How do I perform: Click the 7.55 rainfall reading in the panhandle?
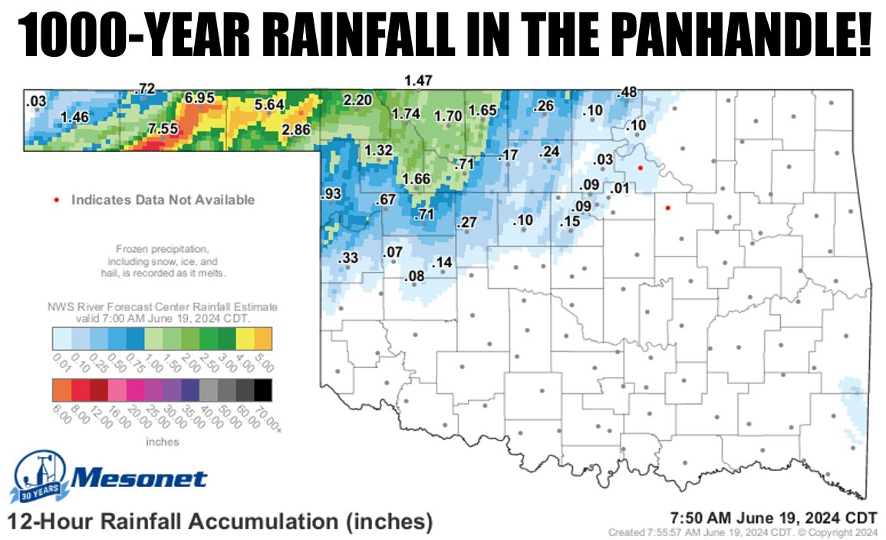coord(163,128)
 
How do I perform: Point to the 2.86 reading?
coord(296,129)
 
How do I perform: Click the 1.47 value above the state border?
coord(419,80)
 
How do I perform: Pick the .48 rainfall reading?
coord(627,92)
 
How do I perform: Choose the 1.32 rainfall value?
coord(378,149)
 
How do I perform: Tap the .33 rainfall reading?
coord(348,257)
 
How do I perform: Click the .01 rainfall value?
coord(620,189)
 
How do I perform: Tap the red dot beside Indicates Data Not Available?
coord(57,200)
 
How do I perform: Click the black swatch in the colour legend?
coord(263,390)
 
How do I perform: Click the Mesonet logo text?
coord(140,479)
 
